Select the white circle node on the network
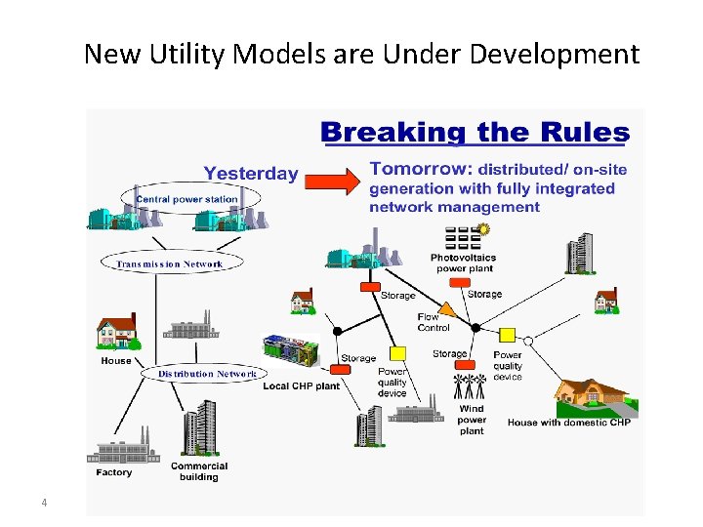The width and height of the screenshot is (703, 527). tap(528, 342)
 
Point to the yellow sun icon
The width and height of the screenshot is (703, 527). tap(482, 229)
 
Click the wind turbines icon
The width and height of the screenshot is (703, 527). tap(470, 385)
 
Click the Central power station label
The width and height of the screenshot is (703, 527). tap(186, 199)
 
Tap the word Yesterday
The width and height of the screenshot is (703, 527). tap(251, 174)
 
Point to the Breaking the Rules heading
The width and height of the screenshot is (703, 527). tap(476, 132)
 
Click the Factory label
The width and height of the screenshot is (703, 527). tap(114, 473)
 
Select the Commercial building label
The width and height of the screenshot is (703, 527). tap(198, 471)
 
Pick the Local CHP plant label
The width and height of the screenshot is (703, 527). tap(301, 386)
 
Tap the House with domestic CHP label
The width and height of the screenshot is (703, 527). tap(569, 422)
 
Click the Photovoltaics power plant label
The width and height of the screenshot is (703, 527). tap(463, 263)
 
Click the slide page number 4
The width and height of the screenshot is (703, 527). tap(44, 504)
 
